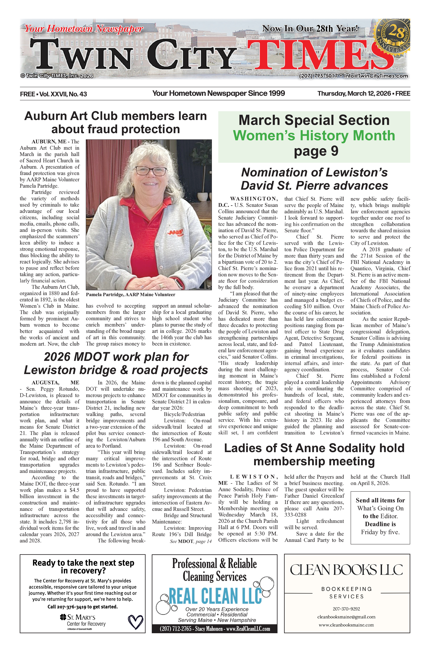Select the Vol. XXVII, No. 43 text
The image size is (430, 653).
pyautogui.click(x=63, y=94)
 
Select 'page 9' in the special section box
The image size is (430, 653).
pyautogui.click(x=316, y=151)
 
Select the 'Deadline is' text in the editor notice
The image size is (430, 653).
pyautogui.click(x=380, y=524)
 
